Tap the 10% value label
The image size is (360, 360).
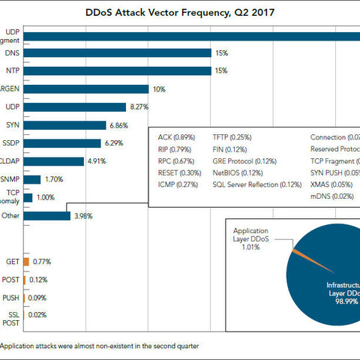click(159, 89)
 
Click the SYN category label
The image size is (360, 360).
click(12, 125)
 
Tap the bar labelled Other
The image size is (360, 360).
click(47, 216)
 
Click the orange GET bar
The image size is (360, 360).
click(26, 262)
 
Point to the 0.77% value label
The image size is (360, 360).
click(43, 262)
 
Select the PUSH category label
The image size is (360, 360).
click(11, 297)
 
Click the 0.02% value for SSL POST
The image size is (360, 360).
click(37, 315)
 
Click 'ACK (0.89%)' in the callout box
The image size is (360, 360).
click(177, 138)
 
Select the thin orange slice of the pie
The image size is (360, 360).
click(304, 252)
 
